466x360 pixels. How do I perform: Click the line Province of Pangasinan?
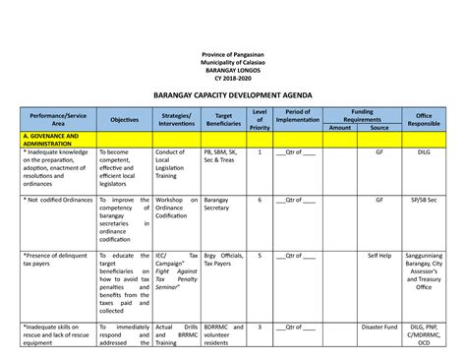[x=233, y=52]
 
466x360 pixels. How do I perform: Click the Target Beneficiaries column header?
[x=223, y=119]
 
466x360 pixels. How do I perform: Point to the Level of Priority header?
[x=260, y=119]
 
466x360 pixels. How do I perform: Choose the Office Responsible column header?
[x=424, y=119]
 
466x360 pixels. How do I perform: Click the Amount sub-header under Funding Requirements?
[x=340, y=127]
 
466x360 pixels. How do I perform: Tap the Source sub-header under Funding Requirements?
[x=379, y=127]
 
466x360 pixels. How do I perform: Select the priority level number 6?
[x=260, y=200]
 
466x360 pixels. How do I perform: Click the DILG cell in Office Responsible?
[x=424, y=153]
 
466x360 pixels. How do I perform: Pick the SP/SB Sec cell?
[x=424, y=200]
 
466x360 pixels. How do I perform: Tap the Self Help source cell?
[x=379, y=255]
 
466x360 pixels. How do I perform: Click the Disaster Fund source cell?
[x=379, y=327]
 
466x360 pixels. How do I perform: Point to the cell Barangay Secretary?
[x=217, y=204]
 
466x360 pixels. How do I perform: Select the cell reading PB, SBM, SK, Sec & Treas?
[x=221, y=157]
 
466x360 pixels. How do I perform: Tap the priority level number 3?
[x=260, y=327]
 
